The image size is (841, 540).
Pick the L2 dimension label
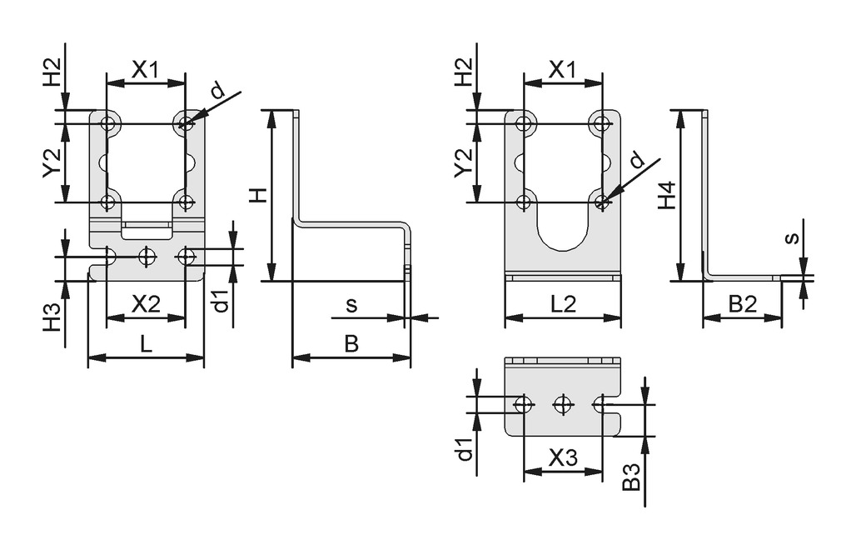(x=564, y=304)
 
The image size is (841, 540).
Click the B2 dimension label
(x=741, y=304)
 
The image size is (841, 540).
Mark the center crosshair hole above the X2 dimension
(x=147, y=256)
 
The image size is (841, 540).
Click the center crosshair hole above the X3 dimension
(x=564, y=404)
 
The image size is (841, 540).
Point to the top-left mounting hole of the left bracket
(x=108, y=124)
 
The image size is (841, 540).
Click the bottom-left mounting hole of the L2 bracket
(x=523, y=202)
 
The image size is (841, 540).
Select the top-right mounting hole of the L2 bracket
(x=601, y=124)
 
